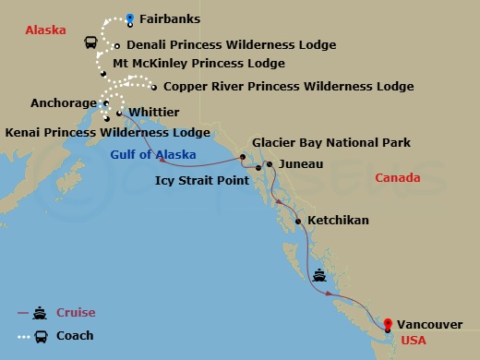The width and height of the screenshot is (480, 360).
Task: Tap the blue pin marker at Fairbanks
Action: pyautogui.click(x=130, y=17)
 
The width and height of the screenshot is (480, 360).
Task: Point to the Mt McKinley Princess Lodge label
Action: pyautogui.click(x=198, y=64)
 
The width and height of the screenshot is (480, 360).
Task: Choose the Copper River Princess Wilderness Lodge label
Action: pyautogui.click(x=288, y=87)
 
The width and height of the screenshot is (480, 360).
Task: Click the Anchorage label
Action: pyautogui.click(x=63, y=103)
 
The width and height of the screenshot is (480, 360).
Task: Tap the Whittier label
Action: pyautogui.click(x=154, y=112)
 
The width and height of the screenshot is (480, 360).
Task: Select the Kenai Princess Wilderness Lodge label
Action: pyautogui.click(x=107, y=133)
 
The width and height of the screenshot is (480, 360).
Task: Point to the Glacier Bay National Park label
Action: pyautogui.click(x=331, y=143)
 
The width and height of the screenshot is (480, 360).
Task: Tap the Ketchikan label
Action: pyautogui.click(x=338, y=221)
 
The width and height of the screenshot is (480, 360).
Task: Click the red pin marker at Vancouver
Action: pyautogui.click(x=388, y=323)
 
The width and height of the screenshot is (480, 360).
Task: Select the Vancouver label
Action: pyautogui.click(x=431, y=324)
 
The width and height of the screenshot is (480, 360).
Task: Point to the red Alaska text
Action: pyautogui.click(x=45, y=30)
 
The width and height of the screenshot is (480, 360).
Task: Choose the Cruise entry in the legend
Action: pyautogui.click(x=76, y=313)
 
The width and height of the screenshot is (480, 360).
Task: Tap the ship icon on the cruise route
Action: pyautogui.click(x=319, y=274)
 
